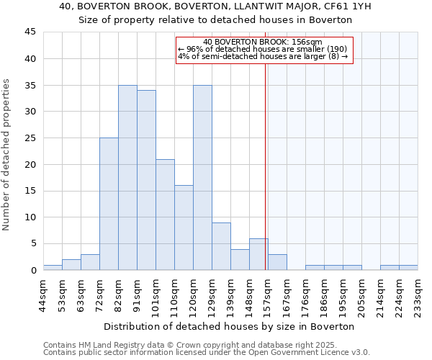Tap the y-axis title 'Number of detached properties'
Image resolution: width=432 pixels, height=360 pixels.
(6, 155)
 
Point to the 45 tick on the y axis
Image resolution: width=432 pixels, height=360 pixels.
(30, 32)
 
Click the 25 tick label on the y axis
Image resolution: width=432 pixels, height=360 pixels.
(30, 138)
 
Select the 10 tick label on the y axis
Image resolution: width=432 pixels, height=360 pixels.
(30, 217)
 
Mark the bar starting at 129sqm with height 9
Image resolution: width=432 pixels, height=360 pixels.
(221, 246)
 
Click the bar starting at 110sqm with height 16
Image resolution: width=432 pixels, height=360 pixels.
(184, 228)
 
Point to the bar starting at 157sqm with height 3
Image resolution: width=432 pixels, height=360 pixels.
(277, 262)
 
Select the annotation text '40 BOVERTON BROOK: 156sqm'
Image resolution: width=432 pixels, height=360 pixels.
(263, 42)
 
